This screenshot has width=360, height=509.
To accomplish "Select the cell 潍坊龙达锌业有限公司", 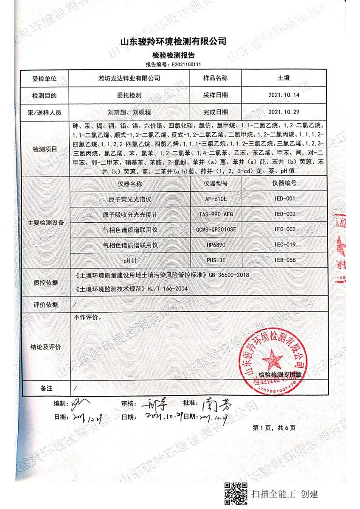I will click(129, 78).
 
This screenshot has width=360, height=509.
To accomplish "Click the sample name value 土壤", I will click(284, 78).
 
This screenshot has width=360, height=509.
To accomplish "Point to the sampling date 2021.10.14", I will click(284, 95).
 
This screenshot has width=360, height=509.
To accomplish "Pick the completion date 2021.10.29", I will click(284, 112).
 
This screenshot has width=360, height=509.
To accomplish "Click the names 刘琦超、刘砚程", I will click(129, 112).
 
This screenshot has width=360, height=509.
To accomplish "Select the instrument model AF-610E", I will click(216, 199).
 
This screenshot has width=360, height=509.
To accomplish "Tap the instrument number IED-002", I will click(284, 214).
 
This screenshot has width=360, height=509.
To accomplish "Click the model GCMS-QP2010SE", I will click(216, 229).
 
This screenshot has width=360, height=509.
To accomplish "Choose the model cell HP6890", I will click(216, 245).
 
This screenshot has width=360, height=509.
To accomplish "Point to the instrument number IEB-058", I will click(284, 260).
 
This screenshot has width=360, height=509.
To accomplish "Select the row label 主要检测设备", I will click(44, 222).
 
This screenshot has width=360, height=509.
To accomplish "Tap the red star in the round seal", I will click(272, 360).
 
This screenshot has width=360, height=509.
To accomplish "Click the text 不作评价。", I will click(87, 317).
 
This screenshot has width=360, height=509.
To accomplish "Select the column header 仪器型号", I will click(216, 184).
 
